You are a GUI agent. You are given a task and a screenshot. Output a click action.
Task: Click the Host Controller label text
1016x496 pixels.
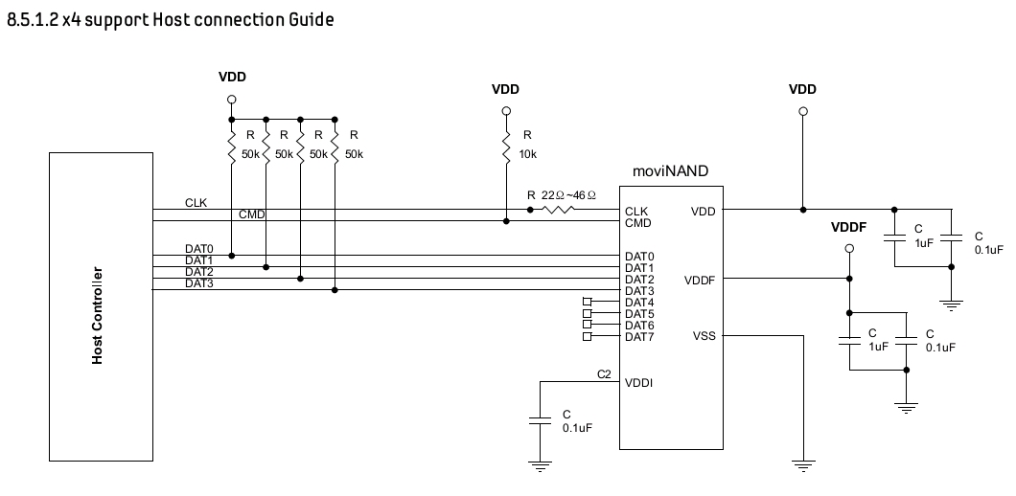click(x=97, y=315)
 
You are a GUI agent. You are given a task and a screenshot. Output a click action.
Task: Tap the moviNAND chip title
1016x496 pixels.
click(x=670, y=171)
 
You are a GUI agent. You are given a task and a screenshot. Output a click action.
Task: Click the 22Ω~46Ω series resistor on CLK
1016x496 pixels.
click(x=558, y=210)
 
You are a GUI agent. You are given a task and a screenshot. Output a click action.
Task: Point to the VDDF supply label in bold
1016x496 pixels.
click(x=849, y=227)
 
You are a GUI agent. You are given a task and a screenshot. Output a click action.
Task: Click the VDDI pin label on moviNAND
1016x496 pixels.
click(x=638, y=383)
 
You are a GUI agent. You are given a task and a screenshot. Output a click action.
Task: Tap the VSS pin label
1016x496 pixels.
click(x=704, y=336)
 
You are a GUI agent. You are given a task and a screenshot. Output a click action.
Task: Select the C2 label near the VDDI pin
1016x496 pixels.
click(x=604, y=374)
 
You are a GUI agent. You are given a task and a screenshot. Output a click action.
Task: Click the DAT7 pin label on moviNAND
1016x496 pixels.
click(x=639, y=337)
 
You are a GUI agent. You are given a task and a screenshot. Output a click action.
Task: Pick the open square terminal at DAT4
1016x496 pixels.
click(x=587, y=302)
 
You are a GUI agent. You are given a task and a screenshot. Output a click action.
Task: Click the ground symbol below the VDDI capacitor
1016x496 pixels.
click(x=540, y=466)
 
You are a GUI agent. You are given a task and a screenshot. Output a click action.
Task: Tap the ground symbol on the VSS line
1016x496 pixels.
click(x=803, y=466)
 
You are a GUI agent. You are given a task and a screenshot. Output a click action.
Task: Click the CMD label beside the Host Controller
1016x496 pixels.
click(x=252, y=214)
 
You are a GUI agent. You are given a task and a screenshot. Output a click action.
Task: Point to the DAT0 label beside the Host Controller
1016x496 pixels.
click(x=199, y=249)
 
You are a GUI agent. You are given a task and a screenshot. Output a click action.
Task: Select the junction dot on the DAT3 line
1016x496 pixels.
click(x=335, y=290)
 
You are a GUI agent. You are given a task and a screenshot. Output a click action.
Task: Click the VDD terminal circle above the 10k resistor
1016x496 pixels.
click(x=506, y=111)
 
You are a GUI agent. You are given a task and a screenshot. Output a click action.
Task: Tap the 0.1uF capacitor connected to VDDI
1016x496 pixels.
click(x=540, y=420)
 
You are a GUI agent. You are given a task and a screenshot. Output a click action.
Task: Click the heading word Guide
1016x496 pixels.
click(x=312, y=20)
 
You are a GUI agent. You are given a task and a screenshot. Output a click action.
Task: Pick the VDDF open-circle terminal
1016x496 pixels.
click(x=849, y=249)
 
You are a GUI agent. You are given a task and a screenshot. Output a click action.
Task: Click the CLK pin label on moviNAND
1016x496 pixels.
click(x=636, y=212)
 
